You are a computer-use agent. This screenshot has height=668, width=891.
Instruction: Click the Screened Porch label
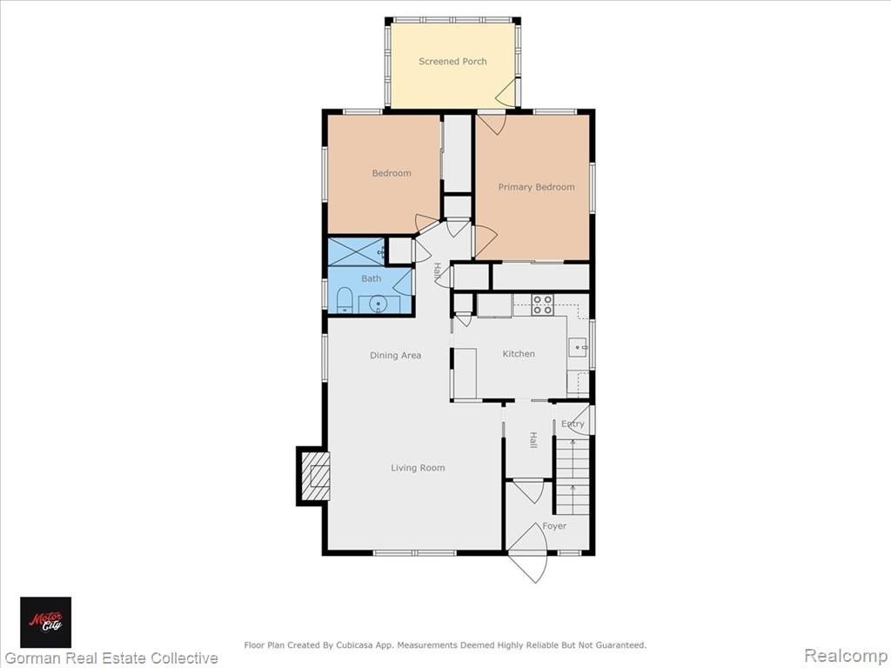click(452, 62)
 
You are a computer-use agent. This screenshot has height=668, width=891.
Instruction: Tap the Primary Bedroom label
click(536, 187)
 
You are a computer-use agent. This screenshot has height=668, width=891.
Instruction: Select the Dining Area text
click(396, 356)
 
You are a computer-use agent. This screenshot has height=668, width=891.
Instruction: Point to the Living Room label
click(418, 468)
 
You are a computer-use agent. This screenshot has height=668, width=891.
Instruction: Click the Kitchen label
click(519, 353)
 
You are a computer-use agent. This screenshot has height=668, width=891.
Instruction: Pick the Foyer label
click(554, 526)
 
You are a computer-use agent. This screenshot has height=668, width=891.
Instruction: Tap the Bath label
click(371, 278)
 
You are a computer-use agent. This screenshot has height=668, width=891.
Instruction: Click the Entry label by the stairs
click(573, 424)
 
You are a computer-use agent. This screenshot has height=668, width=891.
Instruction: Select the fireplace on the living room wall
click(313, 476)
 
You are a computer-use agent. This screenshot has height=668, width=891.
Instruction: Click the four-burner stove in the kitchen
click(542, 304)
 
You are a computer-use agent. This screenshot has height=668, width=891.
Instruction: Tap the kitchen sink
click(578, 347)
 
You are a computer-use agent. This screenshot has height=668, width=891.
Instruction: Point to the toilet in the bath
click(345, 300)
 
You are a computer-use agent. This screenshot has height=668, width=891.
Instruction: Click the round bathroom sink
click(378, 304)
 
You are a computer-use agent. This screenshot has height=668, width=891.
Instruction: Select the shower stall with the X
click(357, 251)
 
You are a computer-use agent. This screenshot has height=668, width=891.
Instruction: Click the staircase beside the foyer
click(572, 476)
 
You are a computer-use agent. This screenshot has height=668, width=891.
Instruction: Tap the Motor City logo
click(45, 622)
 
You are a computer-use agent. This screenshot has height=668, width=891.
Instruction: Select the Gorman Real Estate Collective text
click(111, 658)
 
